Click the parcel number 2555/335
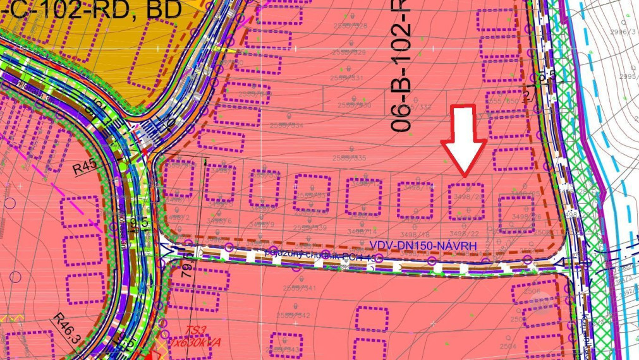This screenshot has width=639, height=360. tap(350, 158)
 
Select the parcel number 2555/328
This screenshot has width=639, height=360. tap(351, 26)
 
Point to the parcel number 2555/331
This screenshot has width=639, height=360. tap(350, 78)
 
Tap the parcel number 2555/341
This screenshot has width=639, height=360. tap(300, 288)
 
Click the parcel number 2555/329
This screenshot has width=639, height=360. tap(350, 52)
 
